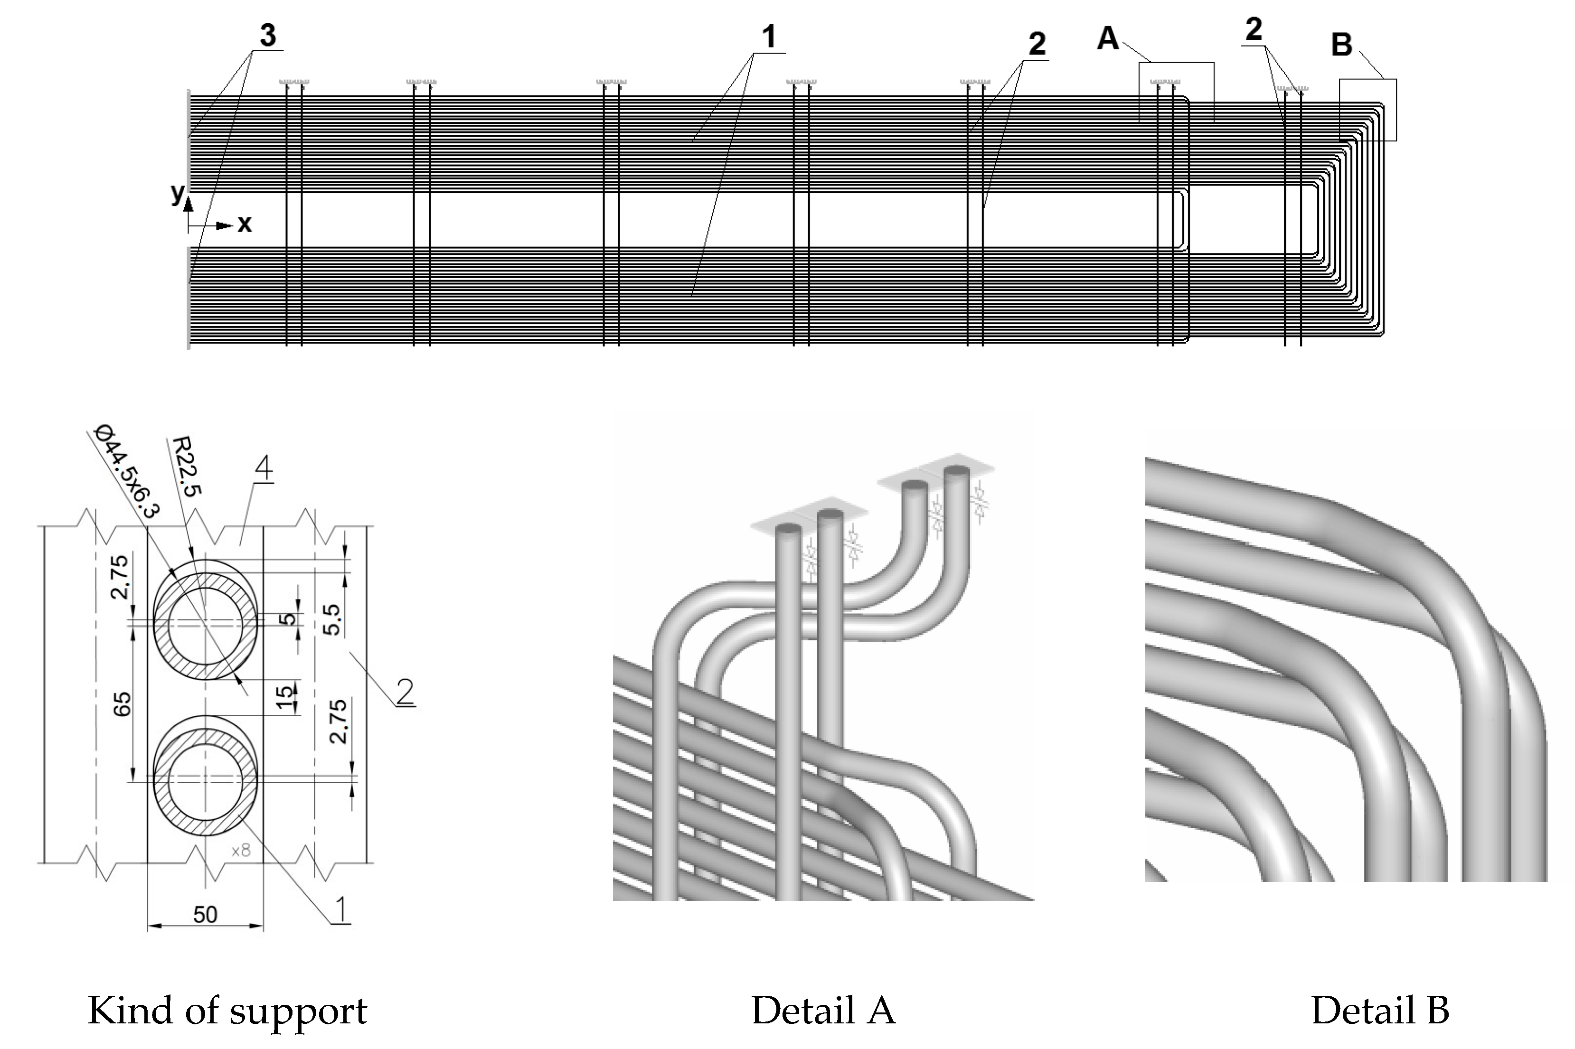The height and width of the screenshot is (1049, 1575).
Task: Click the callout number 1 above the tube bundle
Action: [x=769, y=37]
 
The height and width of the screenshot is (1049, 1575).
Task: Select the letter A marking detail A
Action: [x=1107, y=39]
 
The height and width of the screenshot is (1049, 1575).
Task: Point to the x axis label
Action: [x=245, y=224]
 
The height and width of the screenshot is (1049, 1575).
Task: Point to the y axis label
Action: [x=177, y=193]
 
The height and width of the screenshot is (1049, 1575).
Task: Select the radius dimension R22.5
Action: [x=187, y=466]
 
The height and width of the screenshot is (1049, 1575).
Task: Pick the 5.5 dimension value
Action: [x=332, y=619]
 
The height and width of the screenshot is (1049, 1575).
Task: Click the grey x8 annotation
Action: [x=241, y=850]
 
